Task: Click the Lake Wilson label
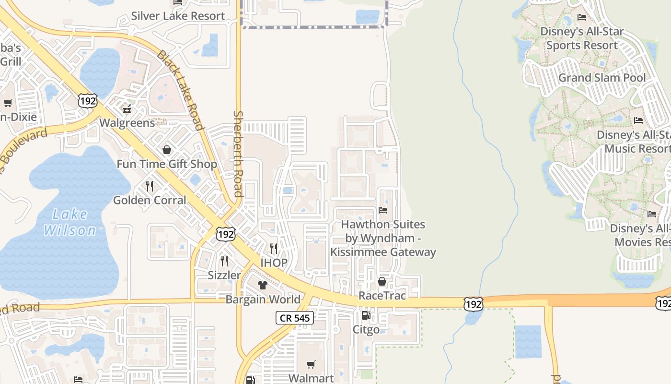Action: point(70,222)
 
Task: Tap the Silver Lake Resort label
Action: point(178,16)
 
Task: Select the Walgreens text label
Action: point(127,123)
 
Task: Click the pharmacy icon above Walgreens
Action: point(127,109)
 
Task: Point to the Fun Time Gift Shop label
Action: point(167,164)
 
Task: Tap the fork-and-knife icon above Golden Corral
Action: point(150,186)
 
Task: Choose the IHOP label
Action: point(274,263)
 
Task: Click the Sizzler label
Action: point(224,275)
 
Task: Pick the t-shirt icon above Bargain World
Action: point(262,285)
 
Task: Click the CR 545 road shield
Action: point(295,318)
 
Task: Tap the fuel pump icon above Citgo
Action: point(366,315)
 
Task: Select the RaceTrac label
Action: point(382,296)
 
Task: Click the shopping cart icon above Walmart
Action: point(311,364)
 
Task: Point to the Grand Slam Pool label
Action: point(602,78)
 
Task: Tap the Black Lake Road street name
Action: point(181,90)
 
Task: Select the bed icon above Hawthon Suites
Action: point(382,210)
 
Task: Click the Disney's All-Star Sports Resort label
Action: point(582,38)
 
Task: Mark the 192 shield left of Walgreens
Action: point(88,100)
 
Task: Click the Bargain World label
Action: point(263,300)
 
